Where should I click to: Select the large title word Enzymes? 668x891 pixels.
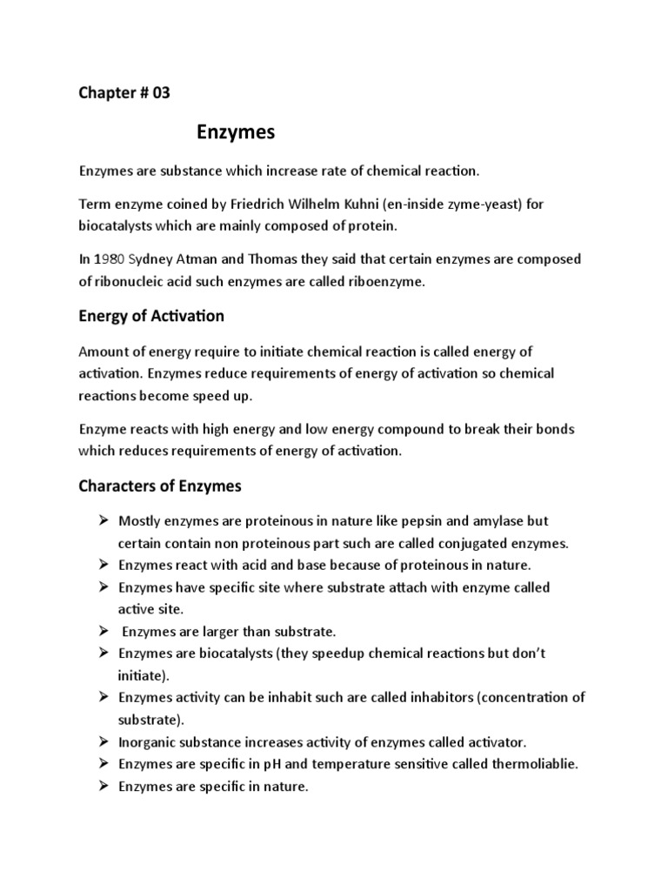pos(234,132)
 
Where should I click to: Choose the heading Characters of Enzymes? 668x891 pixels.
pos(162,486)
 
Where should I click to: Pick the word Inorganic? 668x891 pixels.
pos(149,742)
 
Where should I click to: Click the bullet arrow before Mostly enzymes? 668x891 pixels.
pos(101,520)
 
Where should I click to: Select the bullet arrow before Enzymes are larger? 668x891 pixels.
pos(101,631)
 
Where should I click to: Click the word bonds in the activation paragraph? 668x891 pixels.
pos(557,429)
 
